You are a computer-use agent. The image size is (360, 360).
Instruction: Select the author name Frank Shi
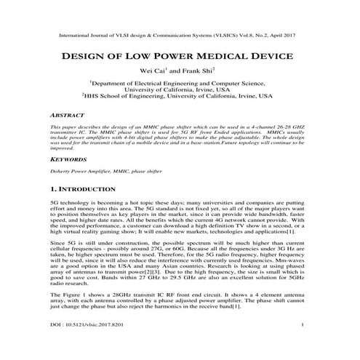coord(196,72)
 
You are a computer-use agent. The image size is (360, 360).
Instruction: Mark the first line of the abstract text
coord(180,127)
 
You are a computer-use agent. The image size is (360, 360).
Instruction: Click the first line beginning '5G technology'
coord(180,207)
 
